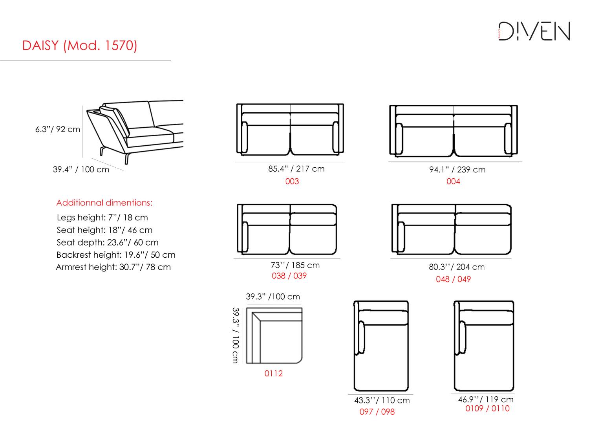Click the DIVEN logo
534,31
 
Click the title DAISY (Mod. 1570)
80,46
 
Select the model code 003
292,181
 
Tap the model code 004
453,181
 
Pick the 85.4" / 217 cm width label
296,169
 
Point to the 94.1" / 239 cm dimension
457,170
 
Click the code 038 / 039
289,276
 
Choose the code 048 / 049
453,279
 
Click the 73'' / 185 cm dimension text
295,266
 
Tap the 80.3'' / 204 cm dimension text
457,267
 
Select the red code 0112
273,374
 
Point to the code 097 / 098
377,412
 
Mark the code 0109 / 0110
487,409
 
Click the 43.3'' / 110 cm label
382,400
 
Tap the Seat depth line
107,242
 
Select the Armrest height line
113,267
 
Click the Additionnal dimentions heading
104,203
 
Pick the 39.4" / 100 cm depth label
81,170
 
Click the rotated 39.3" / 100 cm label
235,335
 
